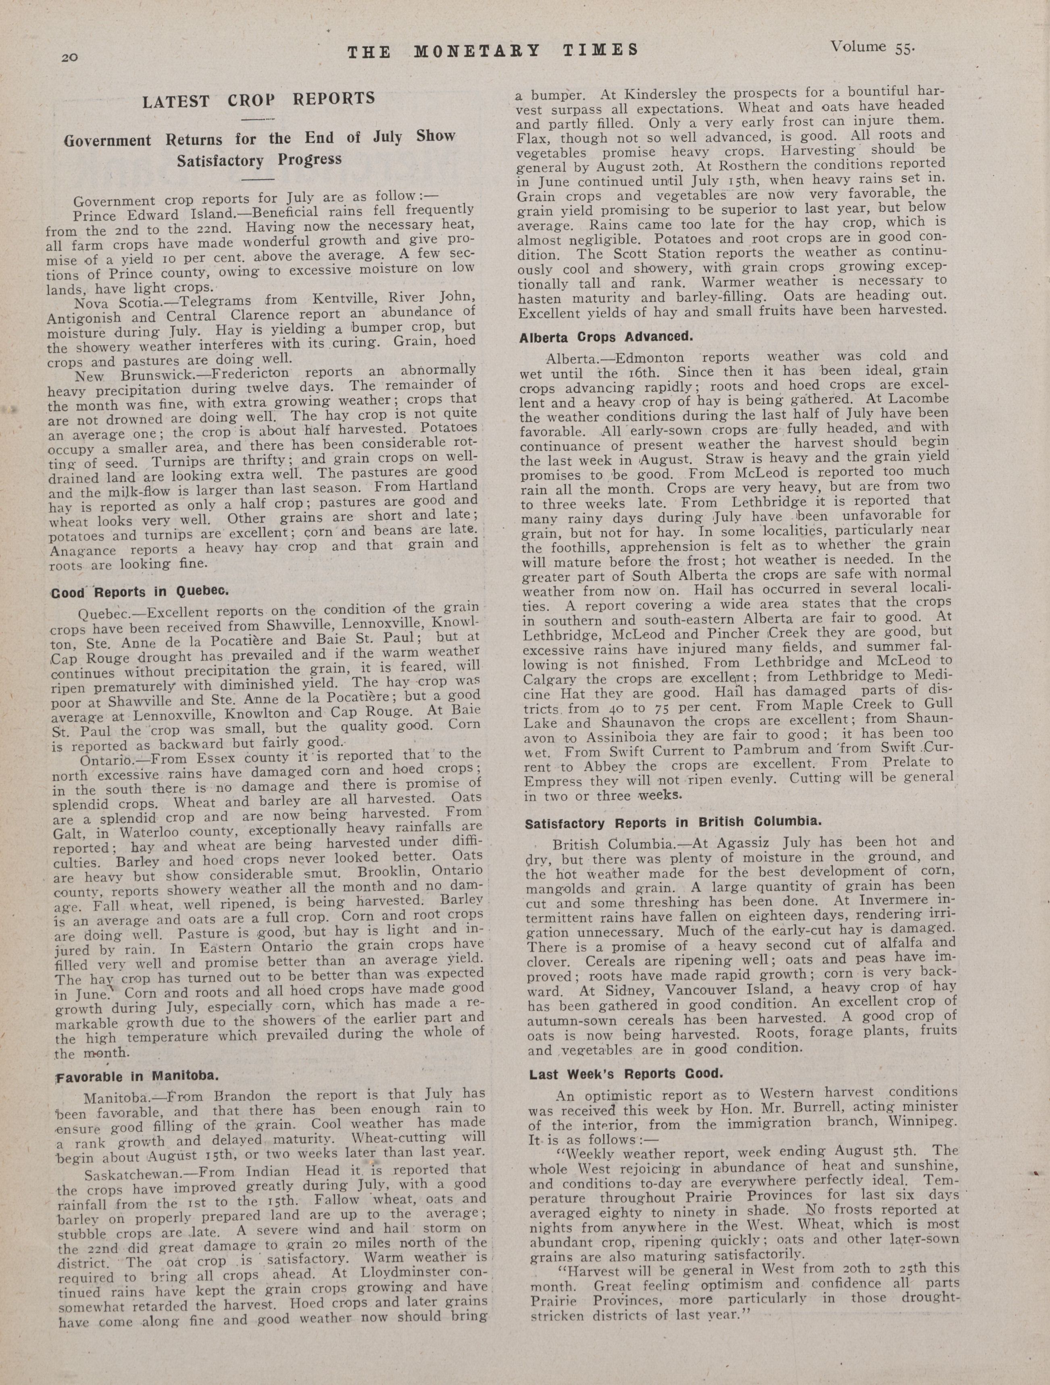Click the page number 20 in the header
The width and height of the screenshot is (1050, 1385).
[x=69, y=57]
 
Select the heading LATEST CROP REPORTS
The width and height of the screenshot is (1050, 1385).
[x=258, y=100]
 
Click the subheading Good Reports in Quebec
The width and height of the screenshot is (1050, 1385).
[x=140, y=591]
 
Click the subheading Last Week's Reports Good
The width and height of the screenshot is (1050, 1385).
[x=626, y=1074]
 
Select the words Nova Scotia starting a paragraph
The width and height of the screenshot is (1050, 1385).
[x=118, y=303]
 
